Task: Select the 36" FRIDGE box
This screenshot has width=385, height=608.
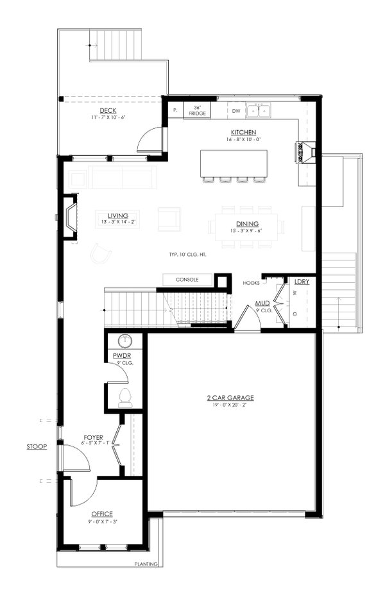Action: [x=197, y=110]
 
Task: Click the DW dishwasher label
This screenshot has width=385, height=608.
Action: [x=235, y=111]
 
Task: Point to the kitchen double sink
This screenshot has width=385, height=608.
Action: [x=259, y=111]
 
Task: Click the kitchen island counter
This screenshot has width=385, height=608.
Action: [x=234, y=163]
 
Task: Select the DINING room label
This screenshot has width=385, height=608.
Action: [x=246, y=224]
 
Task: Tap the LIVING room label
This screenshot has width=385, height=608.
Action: [x=117, y=215]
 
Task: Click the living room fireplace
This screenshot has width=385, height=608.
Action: [x=69, y=219]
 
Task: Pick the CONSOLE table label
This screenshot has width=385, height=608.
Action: [x=187, y=280]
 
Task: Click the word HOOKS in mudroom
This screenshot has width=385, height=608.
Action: [x=251, y=282]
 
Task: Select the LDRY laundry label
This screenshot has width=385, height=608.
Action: [x=302, y=282]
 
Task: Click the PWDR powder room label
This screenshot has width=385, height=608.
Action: [x=121, y=355]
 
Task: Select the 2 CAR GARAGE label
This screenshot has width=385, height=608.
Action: [x=234, y=398]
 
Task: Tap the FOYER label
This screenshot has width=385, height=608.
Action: [x=94, y=437]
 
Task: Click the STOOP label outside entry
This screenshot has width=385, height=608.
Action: [x=36, y=446]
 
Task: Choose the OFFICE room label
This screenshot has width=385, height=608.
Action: [x=102, y=514]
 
